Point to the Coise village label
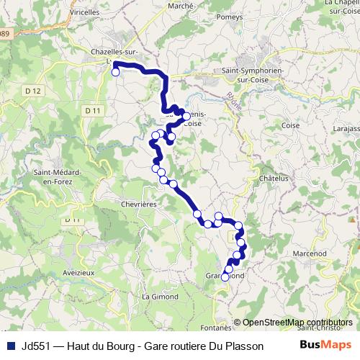point(291,125)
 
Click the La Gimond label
point(158,297)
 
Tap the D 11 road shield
point(91,110)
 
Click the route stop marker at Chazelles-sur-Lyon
point(115,72)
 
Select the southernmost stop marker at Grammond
point(225,276)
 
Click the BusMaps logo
point(326,345)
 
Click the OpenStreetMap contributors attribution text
point(297,323)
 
